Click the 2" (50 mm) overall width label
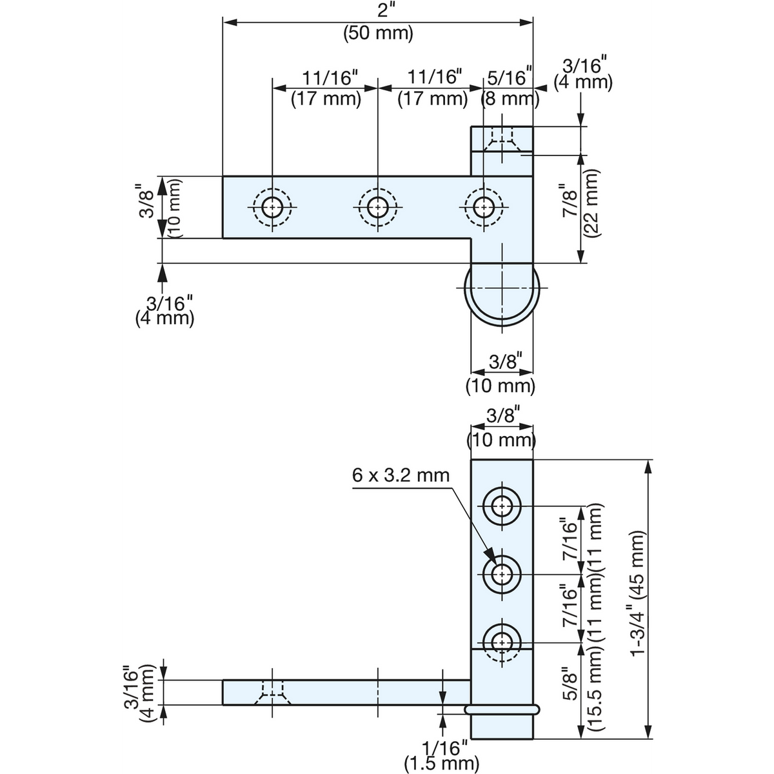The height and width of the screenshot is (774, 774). click(378, 22)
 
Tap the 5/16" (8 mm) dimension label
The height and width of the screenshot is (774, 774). click(510, 87)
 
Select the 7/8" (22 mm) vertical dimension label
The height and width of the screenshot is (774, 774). click(580, 203)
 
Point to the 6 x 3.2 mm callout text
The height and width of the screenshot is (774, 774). click(401, 475)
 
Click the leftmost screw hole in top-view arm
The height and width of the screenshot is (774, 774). click(272, 207)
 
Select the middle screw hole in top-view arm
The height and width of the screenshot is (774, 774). click(377, 207)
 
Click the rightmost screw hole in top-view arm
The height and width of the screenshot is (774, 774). click(484, 207)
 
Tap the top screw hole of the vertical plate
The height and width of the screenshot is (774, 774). click(502, 506)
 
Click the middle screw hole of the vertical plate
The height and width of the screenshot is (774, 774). click(502, 575)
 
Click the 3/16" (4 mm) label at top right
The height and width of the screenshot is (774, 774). click(583, 74)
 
